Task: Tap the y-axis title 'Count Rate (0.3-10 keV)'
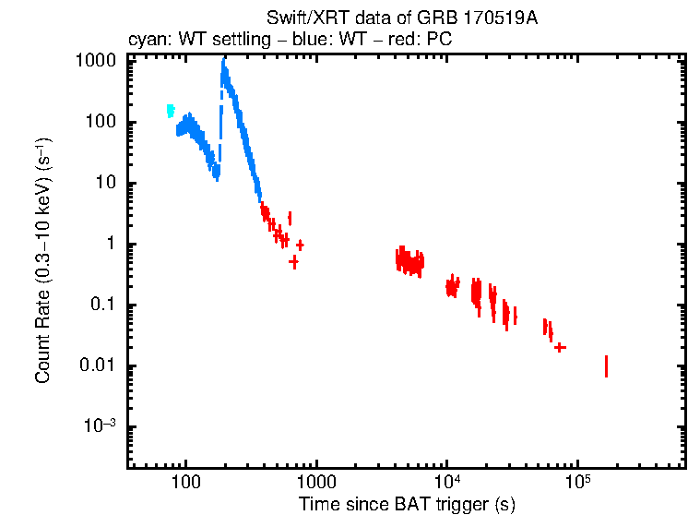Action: pyautogui.click(x=42, y=261)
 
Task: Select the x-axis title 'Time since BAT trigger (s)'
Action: pyautogui.click(x=407, y=504)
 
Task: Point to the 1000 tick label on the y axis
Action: pyautogui.click(x=96, y=61)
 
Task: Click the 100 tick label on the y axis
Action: pyautogui.click(x=101, y=122)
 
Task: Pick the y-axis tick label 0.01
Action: pyautogui.click(x=98, y=365)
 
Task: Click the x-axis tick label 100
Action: pyautogui.click(x=186, y=481)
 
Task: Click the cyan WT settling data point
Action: pyautogui.click(x=171, y=111)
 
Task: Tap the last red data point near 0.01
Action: pyautogui.click(x=606, y=366)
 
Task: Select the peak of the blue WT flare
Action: pyautogui.click(x=224, y=63)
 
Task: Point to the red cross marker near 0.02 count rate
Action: pyautogui.click(x=560, y=347)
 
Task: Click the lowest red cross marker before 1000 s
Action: pyautogui.click(x=293, y=261)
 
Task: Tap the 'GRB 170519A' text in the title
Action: pyautogui.click(x=494, y=19)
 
